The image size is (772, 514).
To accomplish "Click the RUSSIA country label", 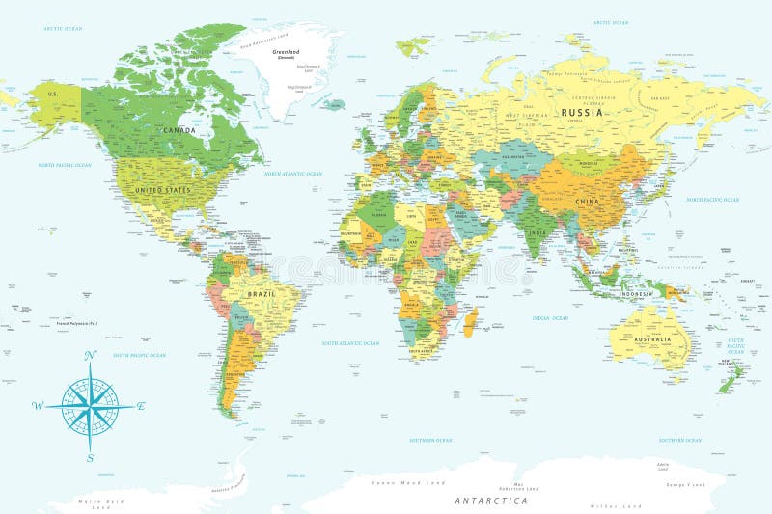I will coord(584,112).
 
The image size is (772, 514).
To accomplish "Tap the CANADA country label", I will coord(179,130).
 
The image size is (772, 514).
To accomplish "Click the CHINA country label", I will coord(586,202).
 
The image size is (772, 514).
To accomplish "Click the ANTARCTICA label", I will coord(490,500).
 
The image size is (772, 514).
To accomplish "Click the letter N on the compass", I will coord(90,356).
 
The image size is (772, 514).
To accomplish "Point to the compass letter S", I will coord(90,457).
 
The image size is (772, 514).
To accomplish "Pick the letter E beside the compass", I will coord(141,406).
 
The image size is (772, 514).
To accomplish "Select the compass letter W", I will coord(38,406).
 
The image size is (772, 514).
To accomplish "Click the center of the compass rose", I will coord(90,406).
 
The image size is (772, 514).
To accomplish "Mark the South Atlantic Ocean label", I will coord(351,342).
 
